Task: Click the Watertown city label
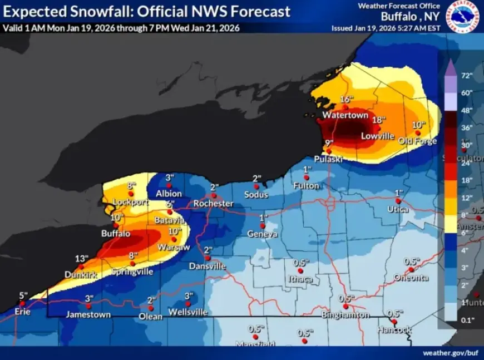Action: click(x=345, y=115)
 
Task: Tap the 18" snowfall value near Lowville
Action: click(x=379, y=120)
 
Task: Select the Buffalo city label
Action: click(x=116, y=234)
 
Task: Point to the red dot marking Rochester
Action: click(x=213, y=195)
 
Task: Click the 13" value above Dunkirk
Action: click(x=81, y=258)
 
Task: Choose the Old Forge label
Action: click(x=418, y=141)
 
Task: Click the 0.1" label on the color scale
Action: click(x=466, y=319)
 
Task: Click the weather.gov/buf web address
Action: click(x=450, y=353)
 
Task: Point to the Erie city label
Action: click(x=22, y=312)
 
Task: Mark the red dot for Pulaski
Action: click(x=329, y=151)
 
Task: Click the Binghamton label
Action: click(x=345, y=315)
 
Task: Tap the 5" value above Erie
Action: click(x=23, y=295)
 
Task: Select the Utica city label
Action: click(x=398, y=210)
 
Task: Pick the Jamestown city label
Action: click(x=88, y=314)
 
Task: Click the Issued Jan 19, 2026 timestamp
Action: click(x=384, y=28)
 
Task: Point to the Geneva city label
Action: click(x=263, y=234)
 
